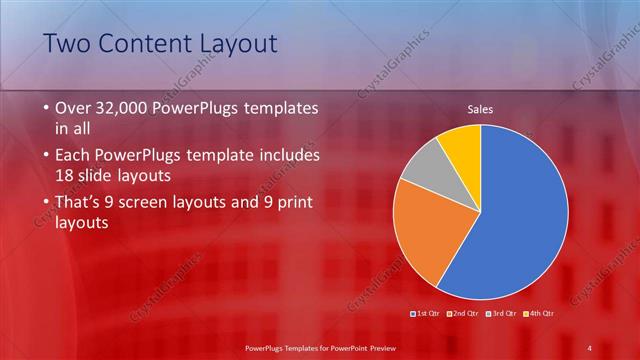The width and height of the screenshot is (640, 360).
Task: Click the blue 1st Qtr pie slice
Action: click(520, 220)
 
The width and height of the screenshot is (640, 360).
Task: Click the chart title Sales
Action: click(481, 110)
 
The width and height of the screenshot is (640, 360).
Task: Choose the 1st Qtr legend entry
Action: click(427, 313)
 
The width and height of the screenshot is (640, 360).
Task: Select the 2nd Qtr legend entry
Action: click(465, 313)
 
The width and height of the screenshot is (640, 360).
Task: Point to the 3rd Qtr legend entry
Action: click(502, 313)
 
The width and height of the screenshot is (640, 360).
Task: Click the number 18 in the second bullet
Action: click(64, 176)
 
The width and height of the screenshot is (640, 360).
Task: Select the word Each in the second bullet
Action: click(74, 156)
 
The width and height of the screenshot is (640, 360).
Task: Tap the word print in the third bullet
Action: click(289, 203)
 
